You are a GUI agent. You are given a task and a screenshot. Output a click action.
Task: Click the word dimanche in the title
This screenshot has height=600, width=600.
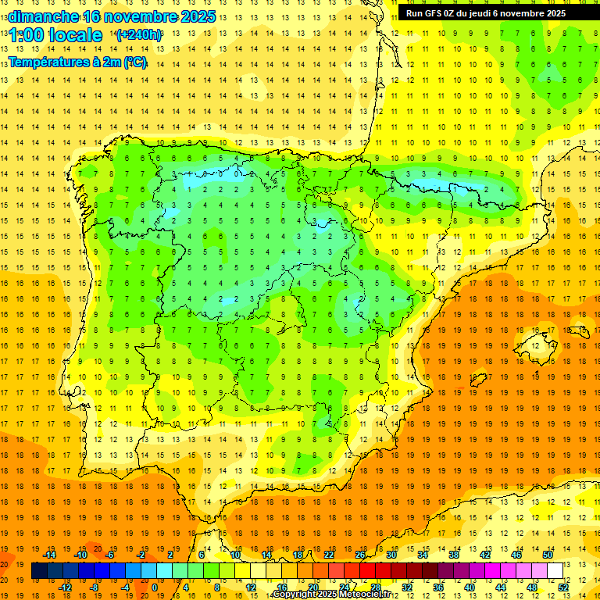click(43, 16)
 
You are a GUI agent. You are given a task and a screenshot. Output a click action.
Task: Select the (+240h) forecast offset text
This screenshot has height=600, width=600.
click(139, 35)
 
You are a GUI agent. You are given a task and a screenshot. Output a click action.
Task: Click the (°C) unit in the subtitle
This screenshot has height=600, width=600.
click(134, 62)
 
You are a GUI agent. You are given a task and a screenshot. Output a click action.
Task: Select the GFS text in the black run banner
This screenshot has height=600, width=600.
click(433, 13)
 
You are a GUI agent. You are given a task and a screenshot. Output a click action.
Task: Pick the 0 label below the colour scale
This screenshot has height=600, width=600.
click(155, 587)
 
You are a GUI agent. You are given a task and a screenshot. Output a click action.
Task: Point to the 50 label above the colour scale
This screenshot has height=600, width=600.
click(548, 555)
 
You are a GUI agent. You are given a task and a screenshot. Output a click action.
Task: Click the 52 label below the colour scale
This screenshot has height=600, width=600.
click(563, 587)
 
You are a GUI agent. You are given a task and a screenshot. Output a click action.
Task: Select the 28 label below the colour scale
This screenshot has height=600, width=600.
click(375, 587)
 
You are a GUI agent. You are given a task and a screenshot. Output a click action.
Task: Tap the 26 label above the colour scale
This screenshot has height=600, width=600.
click(360, 555)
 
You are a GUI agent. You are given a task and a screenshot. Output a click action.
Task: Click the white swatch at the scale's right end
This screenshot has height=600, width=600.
click(555, 571)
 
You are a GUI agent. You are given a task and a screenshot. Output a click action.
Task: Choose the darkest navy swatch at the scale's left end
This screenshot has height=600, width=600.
click(39, 571)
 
